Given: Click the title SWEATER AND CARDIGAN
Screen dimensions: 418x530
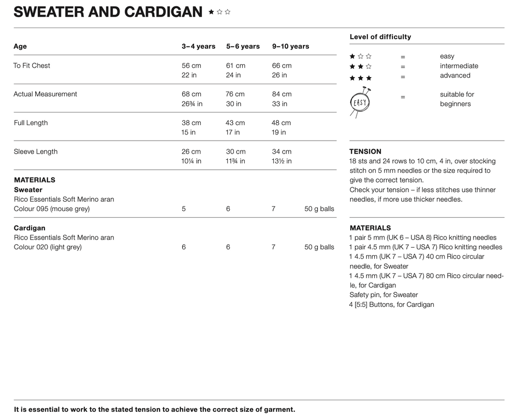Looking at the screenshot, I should point(108,12).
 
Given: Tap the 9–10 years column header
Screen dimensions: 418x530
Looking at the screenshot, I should point(290,47).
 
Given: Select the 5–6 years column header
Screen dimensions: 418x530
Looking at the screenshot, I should point(243,47).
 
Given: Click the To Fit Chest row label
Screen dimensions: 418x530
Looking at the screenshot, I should point(32,66).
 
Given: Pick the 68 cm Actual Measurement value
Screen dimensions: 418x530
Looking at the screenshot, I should point(192,94).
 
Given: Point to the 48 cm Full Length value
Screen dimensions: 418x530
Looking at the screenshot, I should point(281,123).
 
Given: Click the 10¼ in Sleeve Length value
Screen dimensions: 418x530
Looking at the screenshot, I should point(192,161).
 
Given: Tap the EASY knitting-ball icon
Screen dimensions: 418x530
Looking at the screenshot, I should point(360,101).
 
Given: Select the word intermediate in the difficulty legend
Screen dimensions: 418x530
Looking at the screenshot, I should point(459,66).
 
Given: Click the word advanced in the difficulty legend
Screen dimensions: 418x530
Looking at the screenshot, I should point(455,76).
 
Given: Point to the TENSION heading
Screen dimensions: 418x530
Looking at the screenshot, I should point(365,152).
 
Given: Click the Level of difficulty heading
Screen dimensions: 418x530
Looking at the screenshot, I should point(380,37).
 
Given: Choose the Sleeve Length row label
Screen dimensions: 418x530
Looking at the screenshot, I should point(36,152).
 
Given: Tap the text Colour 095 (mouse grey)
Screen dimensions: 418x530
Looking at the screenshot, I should point(52,209).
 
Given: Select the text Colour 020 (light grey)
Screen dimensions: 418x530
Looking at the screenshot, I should point(48,247).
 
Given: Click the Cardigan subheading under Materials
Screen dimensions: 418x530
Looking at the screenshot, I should point(30,228).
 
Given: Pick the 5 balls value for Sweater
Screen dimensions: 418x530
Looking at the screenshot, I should point(184,209).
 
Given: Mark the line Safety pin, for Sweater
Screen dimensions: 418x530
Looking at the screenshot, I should point(384,295).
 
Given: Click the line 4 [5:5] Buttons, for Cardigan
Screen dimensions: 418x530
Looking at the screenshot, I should point(391,305).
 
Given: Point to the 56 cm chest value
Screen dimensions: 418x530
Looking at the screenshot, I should point(192,66).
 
